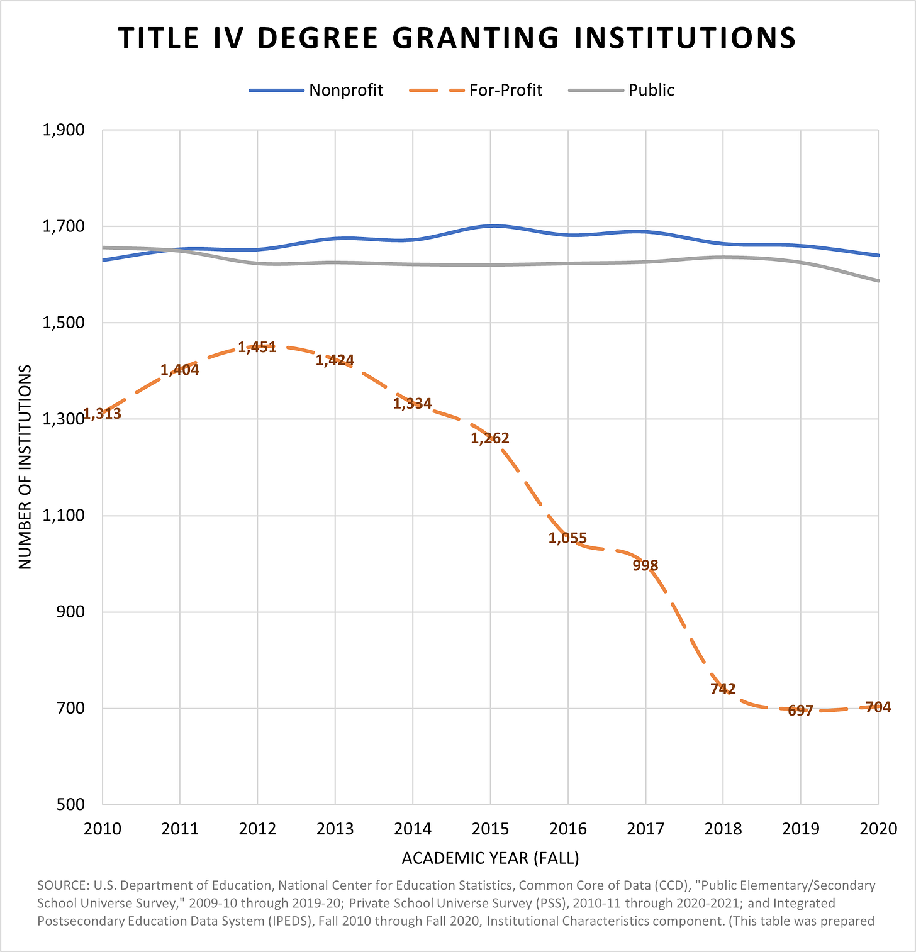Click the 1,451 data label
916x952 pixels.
click(257, 347)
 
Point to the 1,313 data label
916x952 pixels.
click(102, 414)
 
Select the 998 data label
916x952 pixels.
click(645, 565)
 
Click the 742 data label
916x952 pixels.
click(723, 689)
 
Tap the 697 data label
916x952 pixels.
click(800, 711)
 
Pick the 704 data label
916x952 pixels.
click(878, 707)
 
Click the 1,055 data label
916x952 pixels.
click(567, 538)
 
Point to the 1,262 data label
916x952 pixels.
click(490, 438)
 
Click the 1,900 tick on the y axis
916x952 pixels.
click(63, 130)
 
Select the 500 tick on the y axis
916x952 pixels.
click(71, 805)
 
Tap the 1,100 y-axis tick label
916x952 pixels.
click(63, 516)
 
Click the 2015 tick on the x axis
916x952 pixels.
click(490, 829)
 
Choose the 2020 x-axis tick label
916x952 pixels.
click(878, 829)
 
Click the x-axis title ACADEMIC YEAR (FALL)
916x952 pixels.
click(490, 858)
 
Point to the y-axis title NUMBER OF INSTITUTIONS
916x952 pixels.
click(25, 467)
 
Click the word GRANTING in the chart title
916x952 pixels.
click(475, 38)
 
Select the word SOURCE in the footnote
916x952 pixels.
click(62, 885)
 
